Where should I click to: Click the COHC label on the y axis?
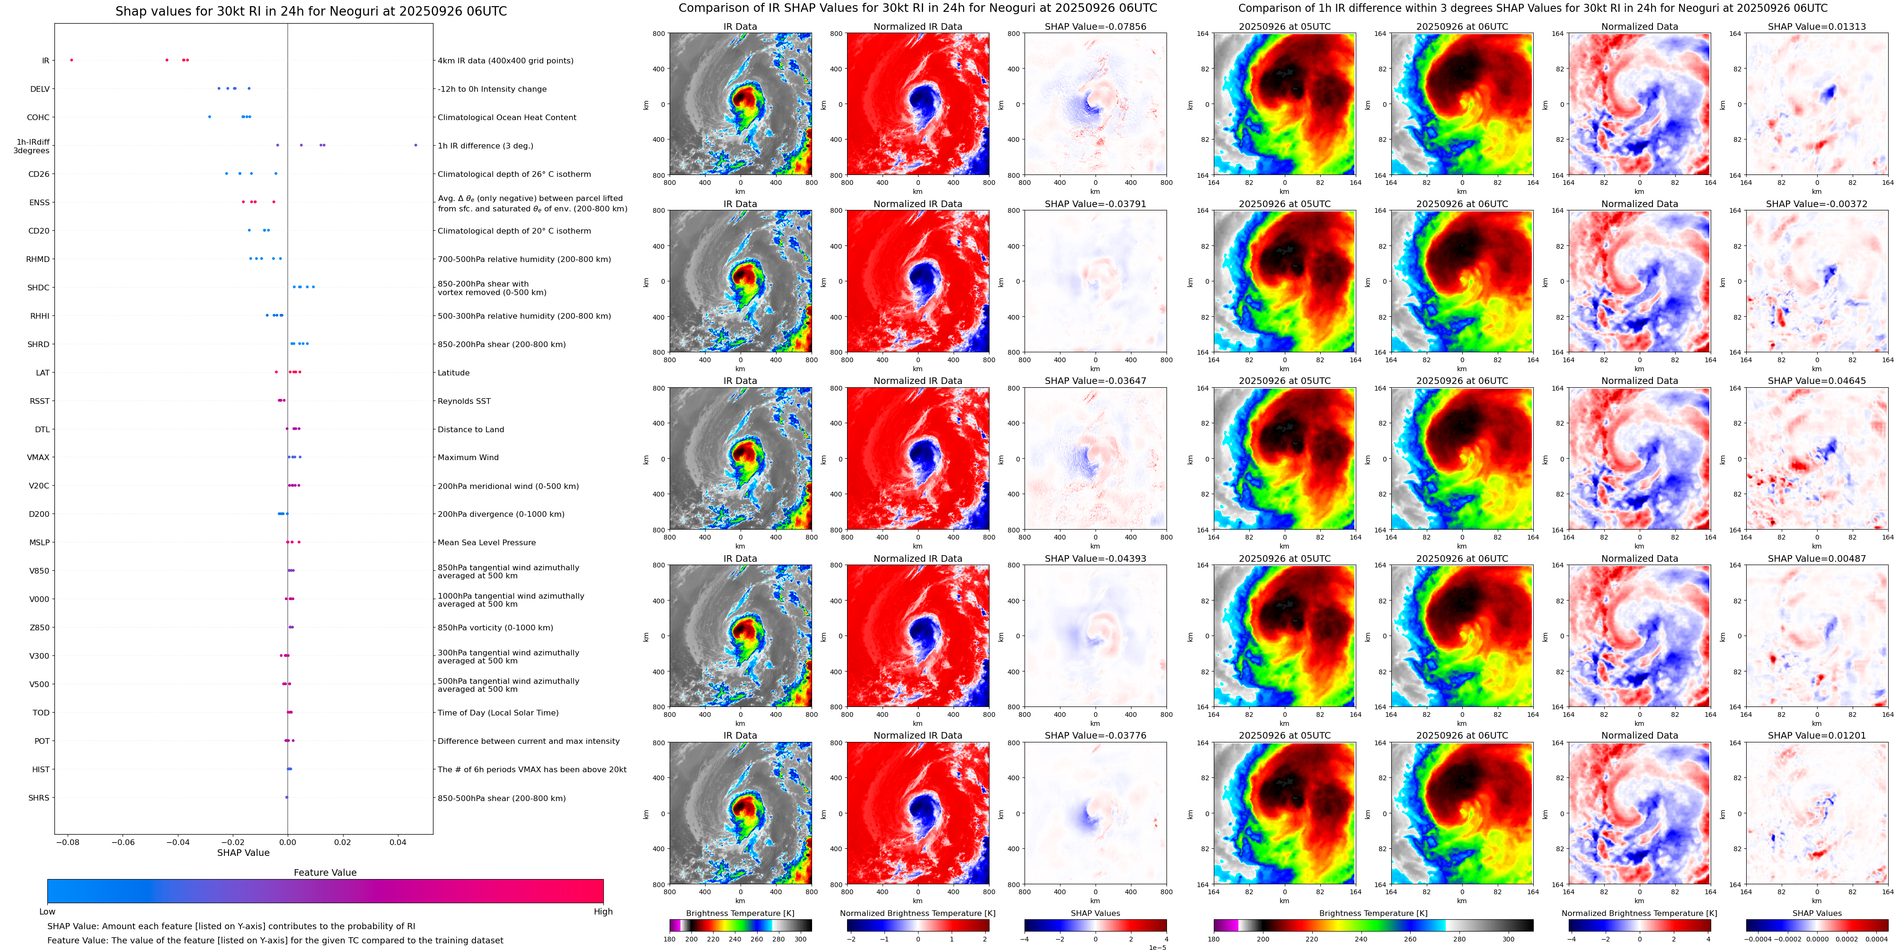(38, 117)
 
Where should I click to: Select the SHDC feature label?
(38, 288)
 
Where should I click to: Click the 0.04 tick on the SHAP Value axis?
(398, 842)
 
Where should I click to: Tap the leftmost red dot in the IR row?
(71, 60)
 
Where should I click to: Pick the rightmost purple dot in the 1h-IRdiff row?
(416, 145)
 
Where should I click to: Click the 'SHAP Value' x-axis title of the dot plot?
(243, 853)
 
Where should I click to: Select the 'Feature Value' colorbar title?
(325, 872)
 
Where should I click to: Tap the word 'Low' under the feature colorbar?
(47, 912)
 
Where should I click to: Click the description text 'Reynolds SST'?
(464, 401)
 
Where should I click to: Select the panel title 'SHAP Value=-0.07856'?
(1096, 26)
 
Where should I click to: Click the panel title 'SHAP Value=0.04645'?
(1817, 381)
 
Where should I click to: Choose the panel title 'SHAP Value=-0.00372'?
(1817, 204)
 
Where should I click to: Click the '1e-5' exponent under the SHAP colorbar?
(1157, 947)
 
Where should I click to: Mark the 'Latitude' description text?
(454, 373)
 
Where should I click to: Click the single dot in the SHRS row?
(286, 797)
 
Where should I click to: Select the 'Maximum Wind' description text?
(468, 458)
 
